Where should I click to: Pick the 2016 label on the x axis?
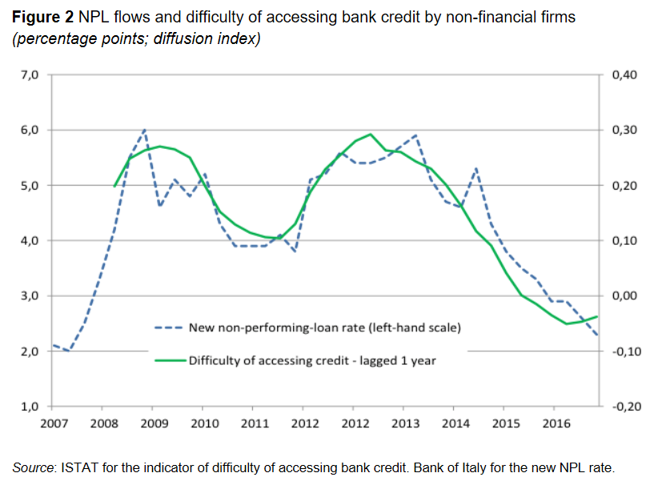coord(555,423)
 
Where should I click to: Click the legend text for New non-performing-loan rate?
coord(324,327)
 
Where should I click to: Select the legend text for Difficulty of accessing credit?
coord(312,360)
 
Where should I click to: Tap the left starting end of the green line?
coord(114,186)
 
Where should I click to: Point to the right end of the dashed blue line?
coord(598,335)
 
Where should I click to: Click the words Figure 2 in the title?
coord(42,17)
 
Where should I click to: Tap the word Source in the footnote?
coord(33,467)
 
